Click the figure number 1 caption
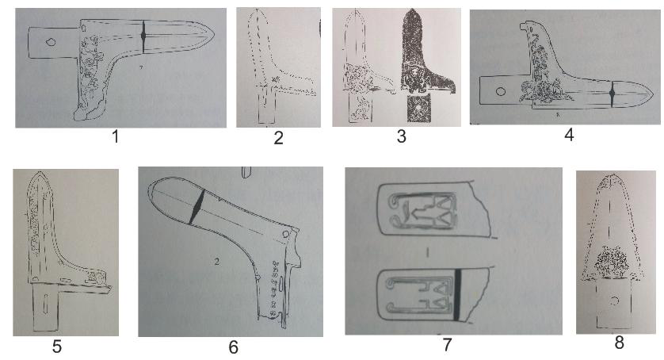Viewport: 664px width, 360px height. point(115,136)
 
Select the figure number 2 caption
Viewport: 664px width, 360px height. point(278,138)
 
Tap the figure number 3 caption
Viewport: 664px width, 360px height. point(401,136)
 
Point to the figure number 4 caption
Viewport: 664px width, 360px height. point(569,135)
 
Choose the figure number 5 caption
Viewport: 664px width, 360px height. point(57,347)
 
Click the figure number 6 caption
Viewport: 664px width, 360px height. point(233,347)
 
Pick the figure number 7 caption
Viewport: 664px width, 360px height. point(447,344)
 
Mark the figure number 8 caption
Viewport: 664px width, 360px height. point(619,343)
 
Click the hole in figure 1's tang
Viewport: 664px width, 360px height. point(51,41)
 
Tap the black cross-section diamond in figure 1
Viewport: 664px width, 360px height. point(143,36)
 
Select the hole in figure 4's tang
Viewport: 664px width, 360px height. point(501,91)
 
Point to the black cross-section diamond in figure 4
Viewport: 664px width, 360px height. point(612,94)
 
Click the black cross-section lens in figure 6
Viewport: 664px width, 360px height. point(197,207)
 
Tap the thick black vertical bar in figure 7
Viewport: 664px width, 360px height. point(457,294)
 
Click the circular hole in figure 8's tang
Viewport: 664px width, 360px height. point(615,301)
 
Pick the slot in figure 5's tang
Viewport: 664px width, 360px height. point(45,305)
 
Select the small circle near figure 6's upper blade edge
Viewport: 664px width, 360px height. point(286,234)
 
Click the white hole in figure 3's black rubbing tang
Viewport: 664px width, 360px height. point(418,108)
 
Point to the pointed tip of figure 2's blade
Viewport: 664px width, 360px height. point(258,10)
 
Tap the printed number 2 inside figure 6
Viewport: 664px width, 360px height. point(216,262)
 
